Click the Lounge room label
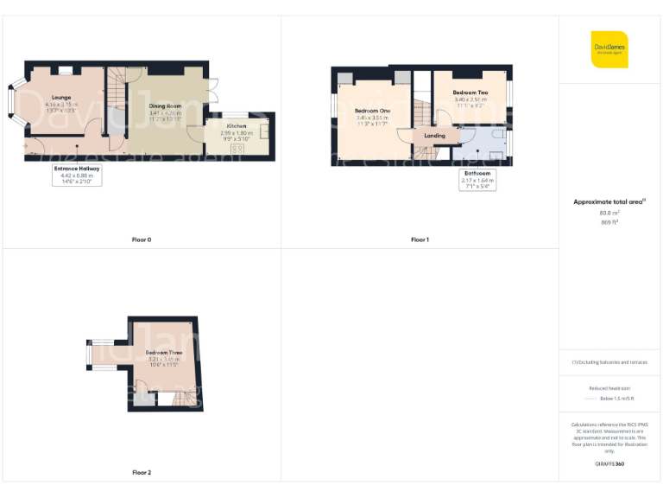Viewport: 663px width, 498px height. click(x=60, y=98)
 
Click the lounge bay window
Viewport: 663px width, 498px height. click(x=13, y=99)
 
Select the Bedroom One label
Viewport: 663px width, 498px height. click(x=372, y=112)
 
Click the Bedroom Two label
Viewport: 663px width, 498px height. click(x=470, y=92)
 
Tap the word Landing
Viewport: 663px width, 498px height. click(x=435, y=136)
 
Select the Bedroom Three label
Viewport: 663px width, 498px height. click(x=163, y=352)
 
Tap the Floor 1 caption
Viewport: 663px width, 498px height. click(x=420, y=239)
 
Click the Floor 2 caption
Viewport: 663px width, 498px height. click(x=142, y=473)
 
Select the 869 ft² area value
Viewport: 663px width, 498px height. click(x=609, y=222)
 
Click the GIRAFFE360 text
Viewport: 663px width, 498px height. click(x=609, y=464)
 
